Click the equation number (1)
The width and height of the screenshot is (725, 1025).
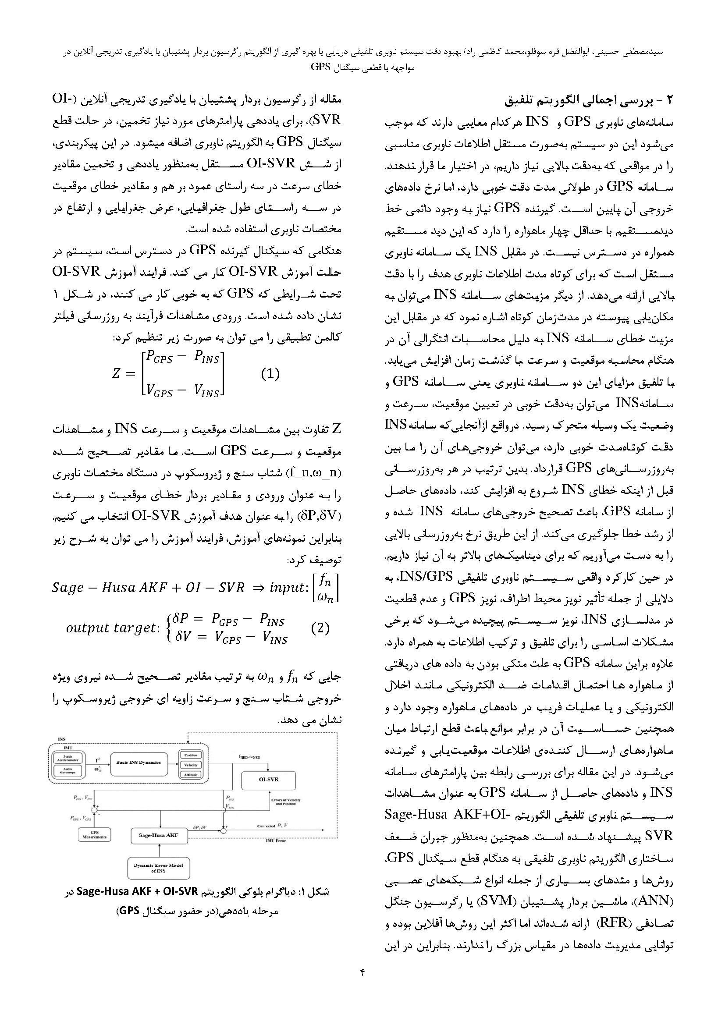tap(270, 373)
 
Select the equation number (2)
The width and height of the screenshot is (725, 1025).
tap(320, 628)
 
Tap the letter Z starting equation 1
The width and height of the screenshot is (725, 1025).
tap(117, 374)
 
